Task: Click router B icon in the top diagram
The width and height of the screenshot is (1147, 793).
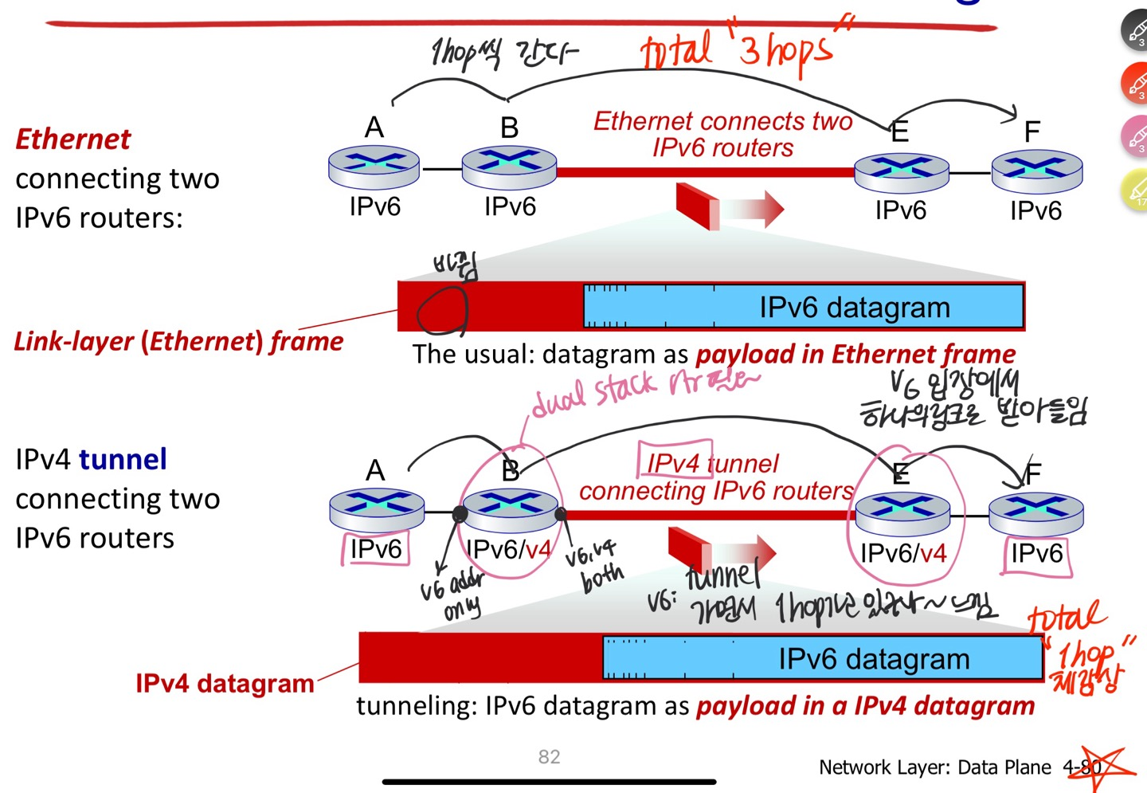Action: [509, 165]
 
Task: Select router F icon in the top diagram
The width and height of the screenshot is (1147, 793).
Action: [1036, 169]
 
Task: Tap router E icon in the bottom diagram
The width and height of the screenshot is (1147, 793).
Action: [902, 511]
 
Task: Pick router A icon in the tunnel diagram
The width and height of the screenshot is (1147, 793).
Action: [376, 508]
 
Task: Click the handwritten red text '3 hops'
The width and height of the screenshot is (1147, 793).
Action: [785, 50]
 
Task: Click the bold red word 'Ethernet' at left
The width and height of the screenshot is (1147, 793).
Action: [73, 139]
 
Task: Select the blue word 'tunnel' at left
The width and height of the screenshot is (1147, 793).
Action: [123, 460]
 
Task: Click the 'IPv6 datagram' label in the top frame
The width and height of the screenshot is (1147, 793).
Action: [854, 308]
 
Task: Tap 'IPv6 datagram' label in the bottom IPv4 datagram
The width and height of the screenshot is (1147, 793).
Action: [874, 659]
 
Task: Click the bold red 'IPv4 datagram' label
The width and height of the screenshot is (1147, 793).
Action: [225, 684]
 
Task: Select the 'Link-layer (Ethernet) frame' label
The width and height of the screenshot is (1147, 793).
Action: [178, 342]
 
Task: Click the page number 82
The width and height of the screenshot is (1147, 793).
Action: [549, 756]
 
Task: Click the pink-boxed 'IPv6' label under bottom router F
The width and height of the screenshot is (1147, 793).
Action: [1036, 553]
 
